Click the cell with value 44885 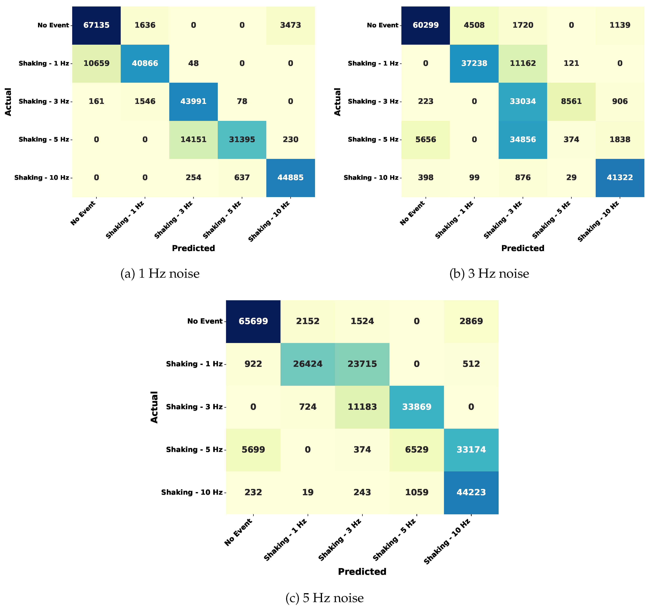(290, 177)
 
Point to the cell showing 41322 (620, 177)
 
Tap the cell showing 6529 (417, 450)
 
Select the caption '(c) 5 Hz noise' (324, 598)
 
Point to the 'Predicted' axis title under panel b (522, 248)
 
